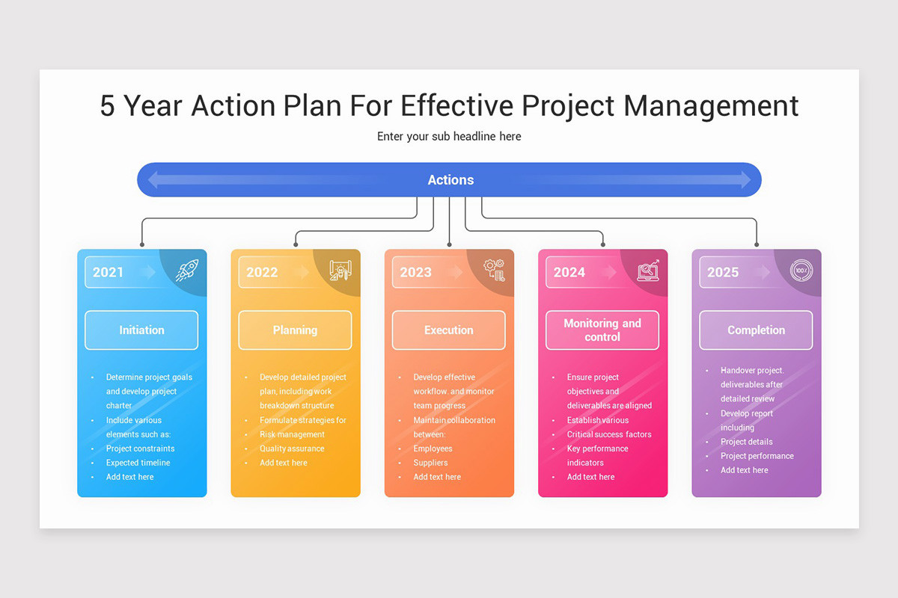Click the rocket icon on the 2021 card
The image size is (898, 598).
[x=187, y=271]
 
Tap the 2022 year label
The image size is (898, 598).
[x=262, y=272]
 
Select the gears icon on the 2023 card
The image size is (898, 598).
[x=494, y=270]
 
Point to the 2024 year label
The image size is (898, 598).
[x=569, y=272]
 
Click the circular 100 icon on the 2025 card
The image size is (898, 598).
[x=801, y=271]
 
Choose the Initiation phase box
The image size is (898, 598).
[x=141, y=330]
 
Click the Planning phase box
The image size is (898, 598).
[x=295, y=330]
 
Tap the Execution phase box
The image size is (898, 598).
[x=449, y=330]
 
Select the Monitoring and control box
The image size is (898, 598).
[x=602, y=330]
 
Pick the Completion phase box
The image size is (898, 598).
[x=756, y=330]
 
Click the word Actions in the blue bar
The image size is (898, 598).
[x=450, y=180]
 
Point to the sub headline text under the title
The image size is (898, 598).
[x=449, y=137]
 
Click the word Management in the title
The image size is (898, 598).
[x=711, y=106]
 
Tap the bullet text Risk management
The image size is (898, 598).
[x=292, y=434]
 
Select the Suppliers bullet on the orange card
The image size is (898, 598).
[x=430, y=463]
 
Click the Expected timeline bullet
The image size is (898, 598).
[x=138, y=463]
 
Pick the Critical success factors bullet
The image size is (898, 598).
[x=609, y=434]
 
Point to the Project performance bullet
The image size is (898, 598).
[x=757, y=456]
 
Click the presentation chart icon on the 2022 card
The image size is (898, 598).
[x=340, y=271]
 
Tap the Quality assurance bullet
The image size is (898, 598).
[x=292, y=449]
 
